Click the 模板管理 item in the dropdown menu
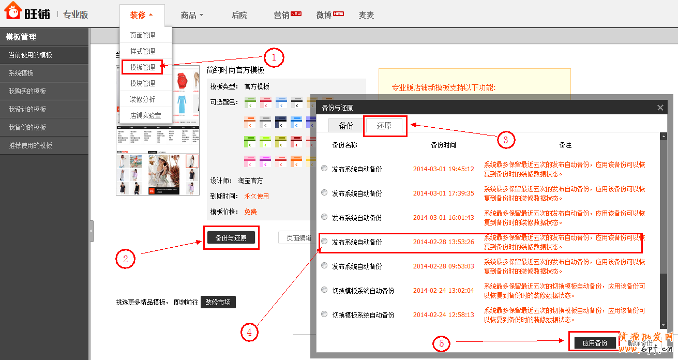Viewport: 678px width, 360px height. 142,67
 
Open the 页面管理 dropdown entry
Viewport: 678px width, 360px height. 142,35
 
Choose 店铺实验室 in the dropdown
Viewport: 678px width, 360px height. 145,115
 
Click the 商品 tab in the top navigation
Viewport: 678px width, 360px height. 192,15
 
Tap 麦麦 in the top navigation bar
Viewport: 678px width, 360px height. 366,15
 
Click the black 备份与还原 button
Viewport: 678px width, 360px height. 231,238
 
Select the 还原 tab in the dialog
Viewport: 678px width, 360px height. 385,126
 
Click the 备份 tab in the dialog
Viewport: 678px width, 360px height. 346,126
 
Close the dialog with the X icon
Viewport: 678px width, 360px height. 660,108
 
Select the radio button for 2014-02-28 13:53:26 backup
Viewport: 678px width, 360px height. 324,241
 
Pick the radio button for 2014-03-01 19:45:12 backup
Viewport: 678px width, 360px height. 324,168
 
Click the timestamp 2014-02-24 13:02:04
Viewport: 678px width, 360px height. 443,291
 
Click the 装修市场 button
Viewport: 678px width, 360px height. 218,302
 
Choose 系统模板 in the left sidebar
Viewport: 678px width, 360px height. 21,73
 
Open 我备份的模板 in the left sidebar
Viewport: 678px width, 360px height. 27,127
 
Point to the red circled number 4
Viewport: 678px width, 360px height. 249,333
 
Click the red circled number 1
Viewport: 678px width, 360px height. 274,57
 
